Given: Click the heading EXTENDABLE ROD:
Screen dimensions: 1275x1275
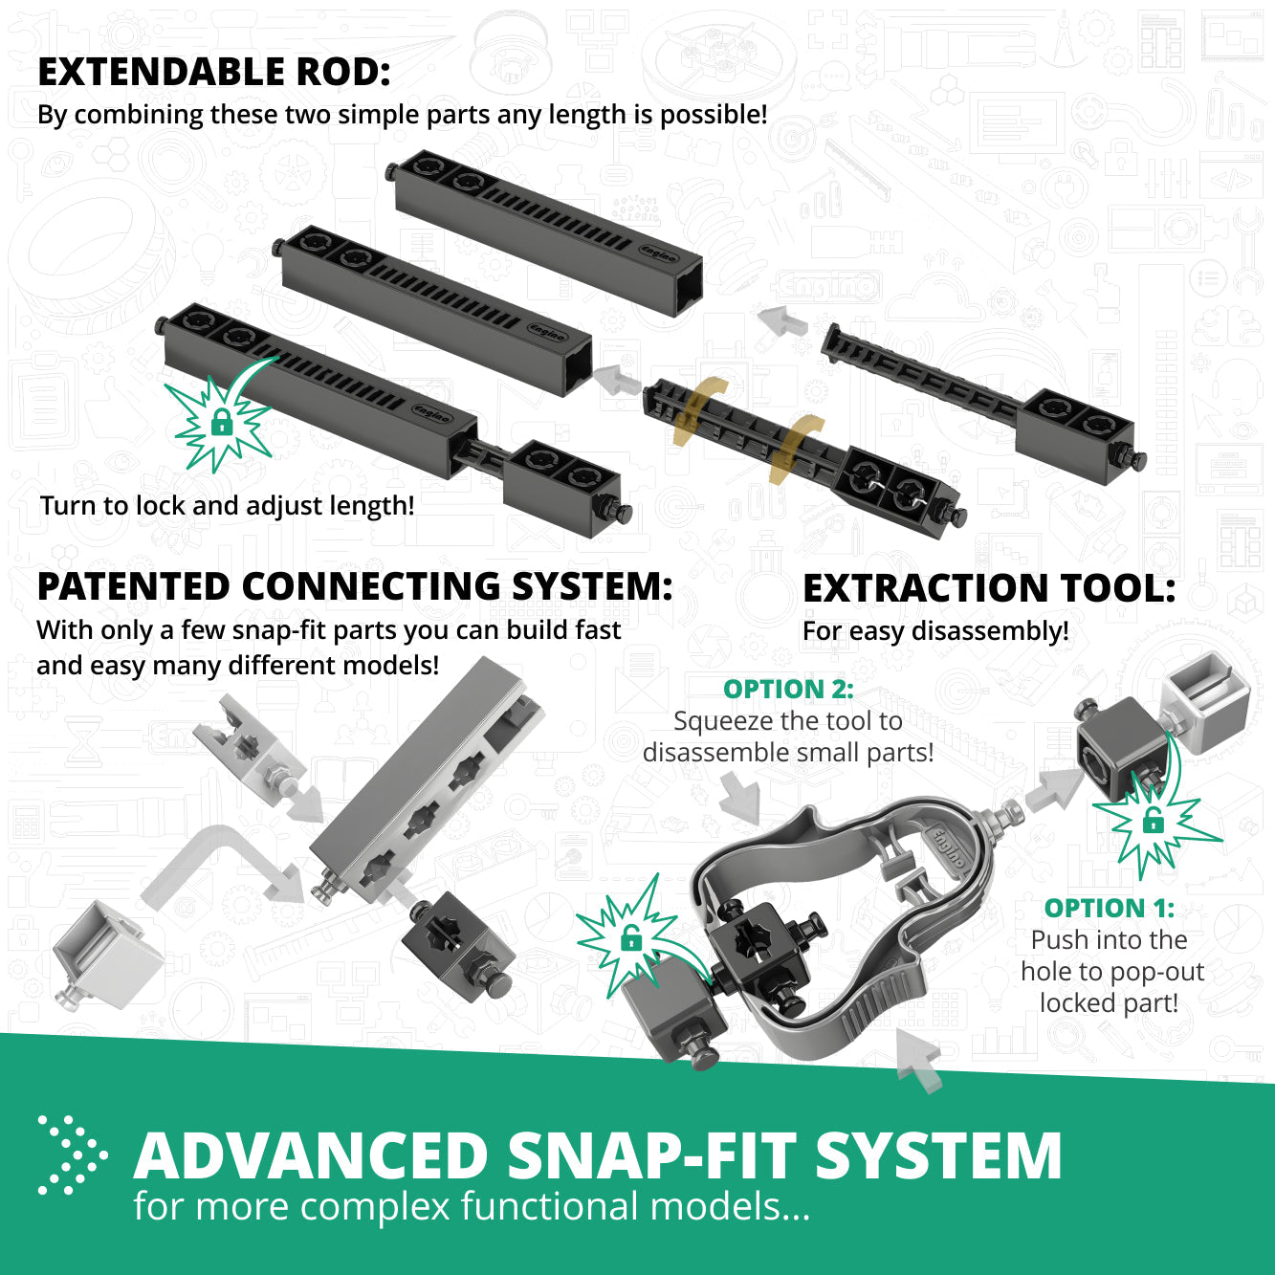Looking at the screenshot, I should [214, 73].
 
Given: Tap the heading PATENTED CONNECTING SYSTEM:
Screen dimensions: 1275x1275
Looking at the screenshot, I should [354, 587].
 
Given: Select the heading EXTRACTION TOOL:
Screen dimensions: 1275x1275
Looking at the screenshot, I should [989, 589].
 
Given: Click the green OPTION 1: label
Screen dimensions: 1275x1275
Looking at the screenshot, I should [1109, 908].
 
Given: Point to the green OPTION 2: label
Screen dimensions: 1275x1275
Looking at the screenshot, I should [788, 689].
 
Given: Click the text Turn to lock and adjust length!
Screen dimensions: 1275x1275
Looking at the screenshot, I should [228, 505].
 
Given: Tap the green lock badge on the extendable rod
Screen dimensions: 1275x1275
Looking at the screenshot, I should [221, 422].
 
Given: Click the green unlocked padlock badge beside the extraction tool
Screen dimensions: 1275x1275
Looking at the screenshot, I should [630, 938].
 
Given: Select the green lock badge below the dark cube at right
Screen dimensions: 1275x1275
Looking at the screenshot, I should [1154, 820].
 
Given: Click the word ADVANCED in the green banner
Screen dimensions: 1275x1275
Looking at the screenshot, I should [311, 1156].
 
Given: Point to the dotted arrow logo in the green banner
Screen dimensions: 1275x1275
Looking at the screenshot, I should [72, 1154].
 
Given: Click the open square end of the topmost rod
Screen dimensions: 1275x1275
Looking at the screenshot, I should [687, 284].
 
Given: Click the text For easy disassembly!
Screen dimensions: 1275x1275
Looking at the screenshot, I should [935, 631].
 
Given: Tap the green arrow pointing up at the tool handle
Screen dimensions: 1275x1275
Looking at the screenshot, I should [919, 1059].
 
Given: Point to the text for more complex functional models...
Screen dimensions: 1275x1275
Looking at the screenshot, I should [472, 1206].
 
